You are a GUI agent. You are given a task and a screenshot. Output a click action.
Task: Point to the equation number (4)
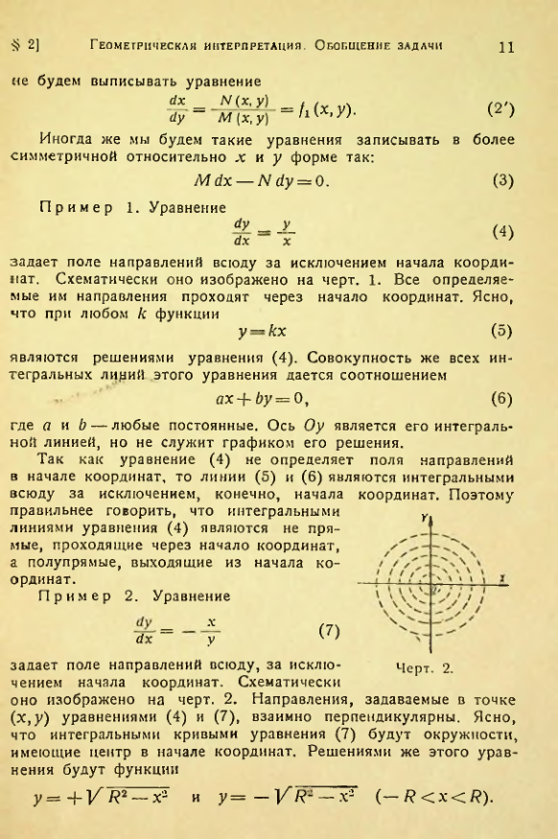(x=502, y=233)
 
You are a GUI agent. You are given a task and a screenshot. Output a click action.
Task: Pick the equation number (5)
(x=502, y=332)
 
